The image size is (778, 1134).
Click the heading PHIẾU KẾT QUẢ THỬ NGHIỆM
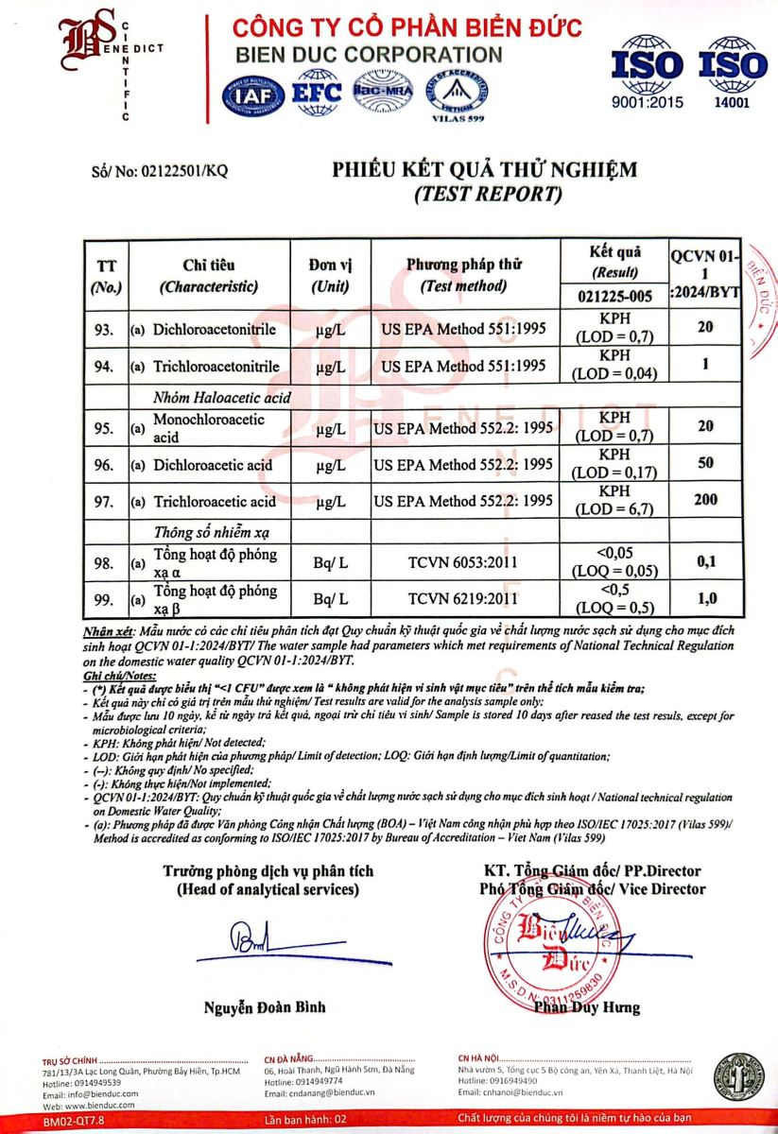tap(484, 170)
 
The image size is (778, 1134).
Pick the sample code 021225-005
tap(614, 296)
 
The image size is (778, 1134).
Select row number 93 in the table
tap(104, 330)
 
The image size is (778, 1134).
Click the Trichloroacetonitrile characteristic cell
tap(216, 366)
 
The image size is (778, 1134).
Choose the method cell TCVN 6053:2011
tap(464, 563)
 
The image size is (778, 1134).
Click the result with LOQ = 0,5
tap(614, 598)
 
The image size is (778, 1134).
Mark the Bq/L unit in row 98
tap(330, 563)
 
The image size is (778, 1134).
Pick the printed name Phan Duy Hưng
tap(586, 1007)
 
